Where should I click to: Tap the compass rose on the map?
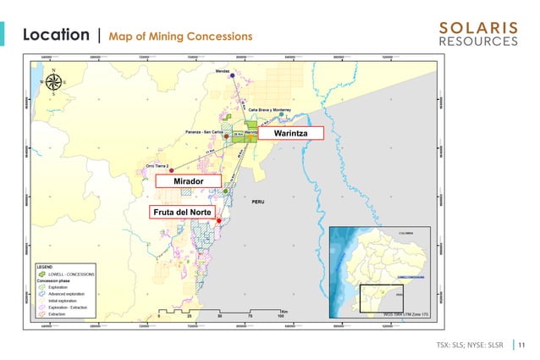54,82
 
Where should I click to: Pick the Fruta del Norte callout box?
183,211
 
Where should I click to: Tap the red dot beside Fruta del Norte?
219,221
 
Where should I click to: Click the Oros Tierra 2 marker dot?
171,171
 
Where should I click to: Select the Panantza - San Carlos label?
204,132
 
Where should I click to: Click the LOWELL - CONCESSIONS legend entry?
71,274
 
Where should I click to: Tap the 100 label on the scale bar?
279,317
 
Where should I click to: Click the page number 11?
521,344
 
